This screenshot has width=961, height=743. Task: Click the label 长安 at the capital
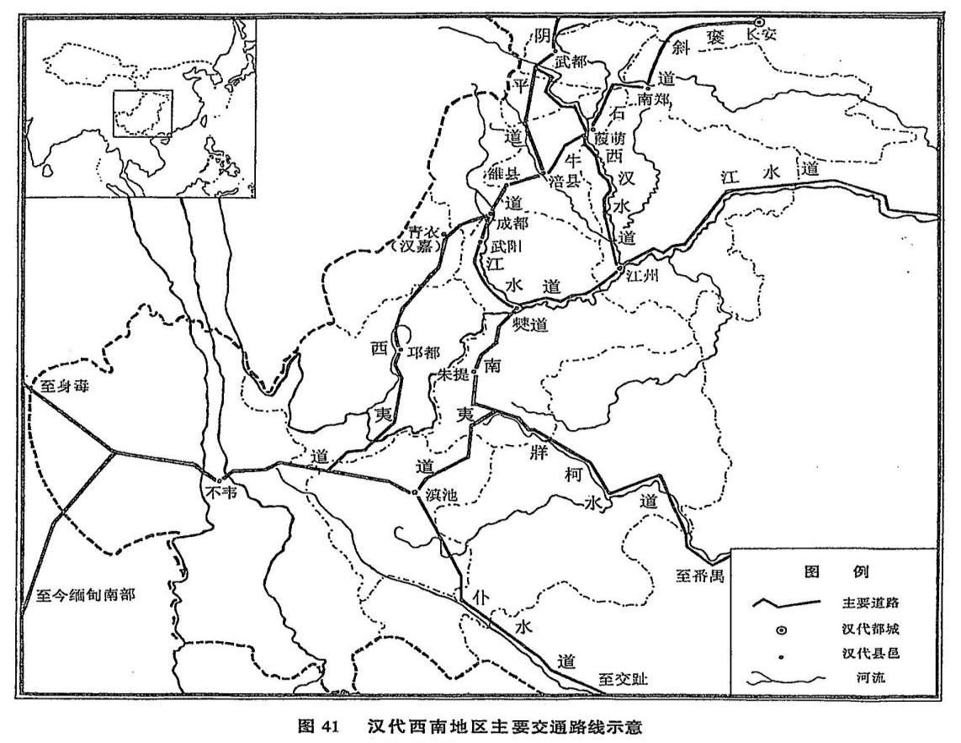[761, 35]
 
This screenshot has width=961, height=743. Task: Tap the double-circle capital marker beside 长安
[758, 22]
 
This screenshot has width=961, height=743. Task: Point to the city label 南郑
[653, 98]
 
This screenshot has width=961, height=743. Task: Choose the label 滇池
[440, 496]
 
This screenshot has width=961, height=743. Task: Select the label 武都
[570, 61]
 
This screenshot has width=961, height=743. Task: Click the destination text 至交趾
[624, 678]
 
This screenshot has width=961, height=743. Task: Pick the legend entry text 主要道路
[875, 603]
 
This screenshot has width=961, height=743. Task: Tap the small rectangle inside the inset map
[143, 114]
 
